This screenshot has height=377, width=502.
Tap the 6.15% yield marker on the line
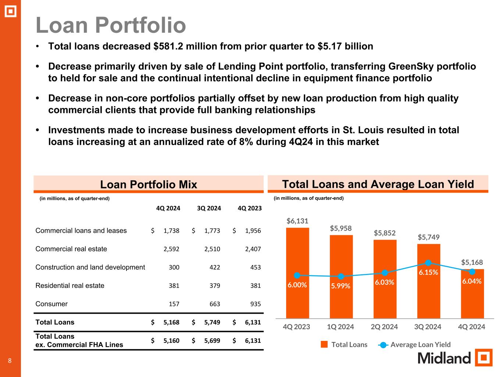(x=428, y=263)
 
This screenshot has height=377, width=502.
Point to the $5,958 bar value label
(x=341, y=228)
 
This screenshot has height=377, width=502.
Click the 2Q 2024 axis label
(x=384, y=327)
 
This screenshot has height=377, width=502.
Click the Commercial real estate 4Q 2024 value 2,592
(x=171, y=249)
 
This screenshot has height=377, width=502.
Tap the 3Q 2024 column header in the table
(x=209, y=208)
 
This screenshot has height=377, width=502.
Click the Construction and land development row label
(x=90, y=267)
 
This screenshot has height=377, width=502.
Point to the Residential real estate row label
(x=70, y=286)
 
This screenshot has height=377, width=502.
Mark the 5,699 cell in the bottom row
(x=212, y=341)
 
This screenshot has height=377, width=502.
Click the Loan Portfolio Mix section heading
(x=149, y=184)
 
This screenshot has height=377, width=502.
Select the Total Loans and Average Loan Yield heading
(x=378, y=184)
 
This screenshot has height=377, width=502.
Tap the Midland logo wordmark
(x=444, y=358)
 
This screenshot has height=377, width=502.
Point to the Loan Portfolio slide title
(x=111, y=25)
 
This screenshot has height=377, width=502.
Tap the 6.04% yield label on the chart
(x=472, y=281)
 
